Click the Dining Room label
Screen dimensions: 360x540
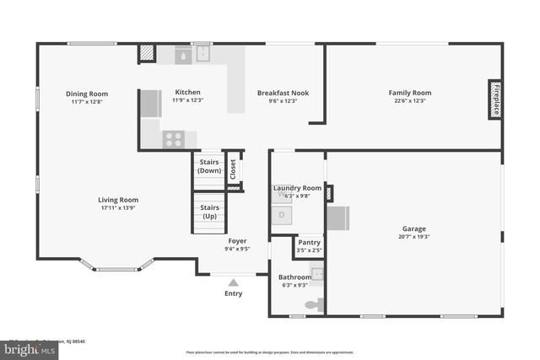[87, 94]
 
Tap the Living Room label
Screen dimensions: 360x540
[118, 200]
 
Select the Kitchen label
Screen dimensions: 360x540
[187, 93]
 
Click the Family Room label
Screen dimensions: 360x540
[409, 93]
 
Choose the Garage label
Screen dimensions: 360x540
[413, 228]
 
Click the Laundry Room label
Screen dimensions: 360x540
[297, 188]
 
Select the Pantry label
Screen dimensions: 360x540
[310, 242]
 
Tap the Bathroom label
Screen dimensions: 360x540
[295, 277]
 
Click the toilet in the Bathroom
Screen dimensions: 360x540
[313, 304]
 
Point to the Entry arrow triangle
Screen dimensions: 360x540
[233, 283]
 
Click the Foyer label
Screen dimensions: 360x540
[237, 241]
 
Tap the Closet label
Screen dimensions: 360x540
[234, 169]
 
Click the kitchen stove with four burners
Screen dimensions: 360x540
[174, 139]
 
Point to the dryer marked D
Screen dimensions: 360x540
[283, 215]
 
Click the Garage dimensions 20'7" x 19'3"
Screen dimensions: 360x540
[413, 237]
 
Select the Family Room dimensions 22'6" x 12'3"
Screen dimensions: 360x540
[409, 101]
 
